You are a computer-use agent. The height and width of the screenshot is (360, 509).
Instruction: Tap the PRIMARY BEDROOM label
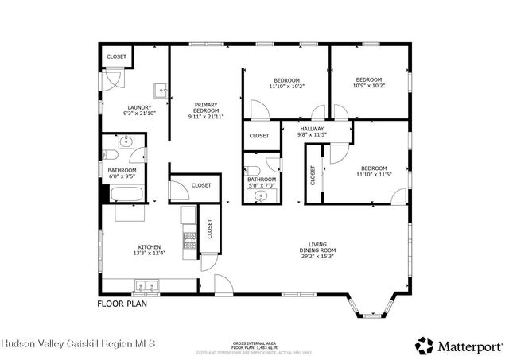[x=206, y=110]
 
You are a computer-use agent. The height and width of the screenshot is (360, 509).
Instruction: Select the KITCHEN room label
[x=149, y=250]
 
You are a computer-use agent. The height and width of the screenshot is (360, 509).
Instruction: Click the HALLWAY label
[x=312, y=131]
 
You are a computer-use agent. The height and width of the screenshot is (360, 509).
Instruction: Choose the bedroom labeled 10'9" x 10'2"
[x=369, y=83]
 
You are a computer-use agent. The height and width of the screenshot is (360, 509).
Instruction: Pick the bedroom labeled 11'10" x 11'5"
[x=374, y=172]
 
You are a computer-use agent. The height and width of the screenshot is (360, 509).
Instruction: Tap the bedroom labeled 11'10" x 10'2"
[x=287, y=83]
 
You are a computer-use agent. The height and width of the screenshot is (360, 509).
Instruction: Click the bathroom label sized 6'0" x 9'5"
[x=122, y=173]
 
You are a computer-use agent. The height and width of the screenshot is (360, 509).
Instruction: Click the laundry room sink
[x=161, y=90]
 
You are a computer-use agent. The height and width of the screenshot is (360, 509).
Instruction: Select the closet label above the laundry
[x=117, y=57]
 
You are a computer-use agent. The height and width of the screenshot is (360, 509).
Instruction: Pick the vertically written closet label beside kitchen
[x=210, y=230]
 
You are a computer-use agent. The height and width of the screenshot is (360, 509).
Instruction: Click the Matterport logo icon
[x=424, y=345]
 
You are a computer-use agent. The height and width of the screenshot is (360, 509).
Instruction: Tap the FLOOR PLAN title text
[x=122, y=304]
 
